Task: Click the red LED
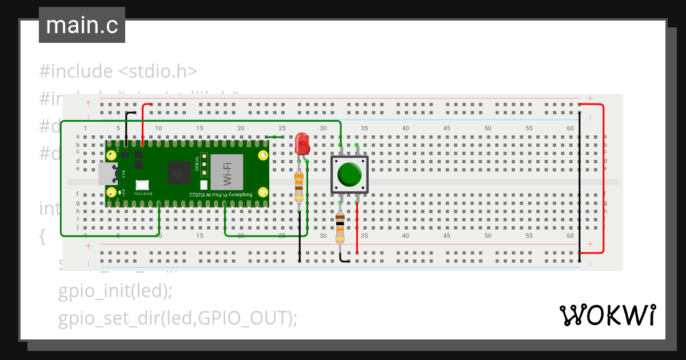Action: tap(302, 143)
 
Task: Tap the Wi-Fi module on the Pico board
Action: tap(227, 171)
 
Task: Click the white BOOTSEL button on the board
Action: tap(142, 185)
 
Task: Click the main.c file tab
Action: tap(82, 25)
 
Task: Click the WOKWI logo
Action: tap(607, 315)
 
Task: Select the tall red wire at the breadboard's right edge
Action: tap(603, 177)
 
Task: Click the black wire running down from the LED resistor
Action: tap(300, 237)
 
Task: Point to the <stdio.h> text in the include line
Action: tap(158, 71)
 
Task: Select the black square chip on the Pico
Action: tap(179, 171)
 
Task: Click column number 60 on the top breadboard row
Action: tap(570, 129)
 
